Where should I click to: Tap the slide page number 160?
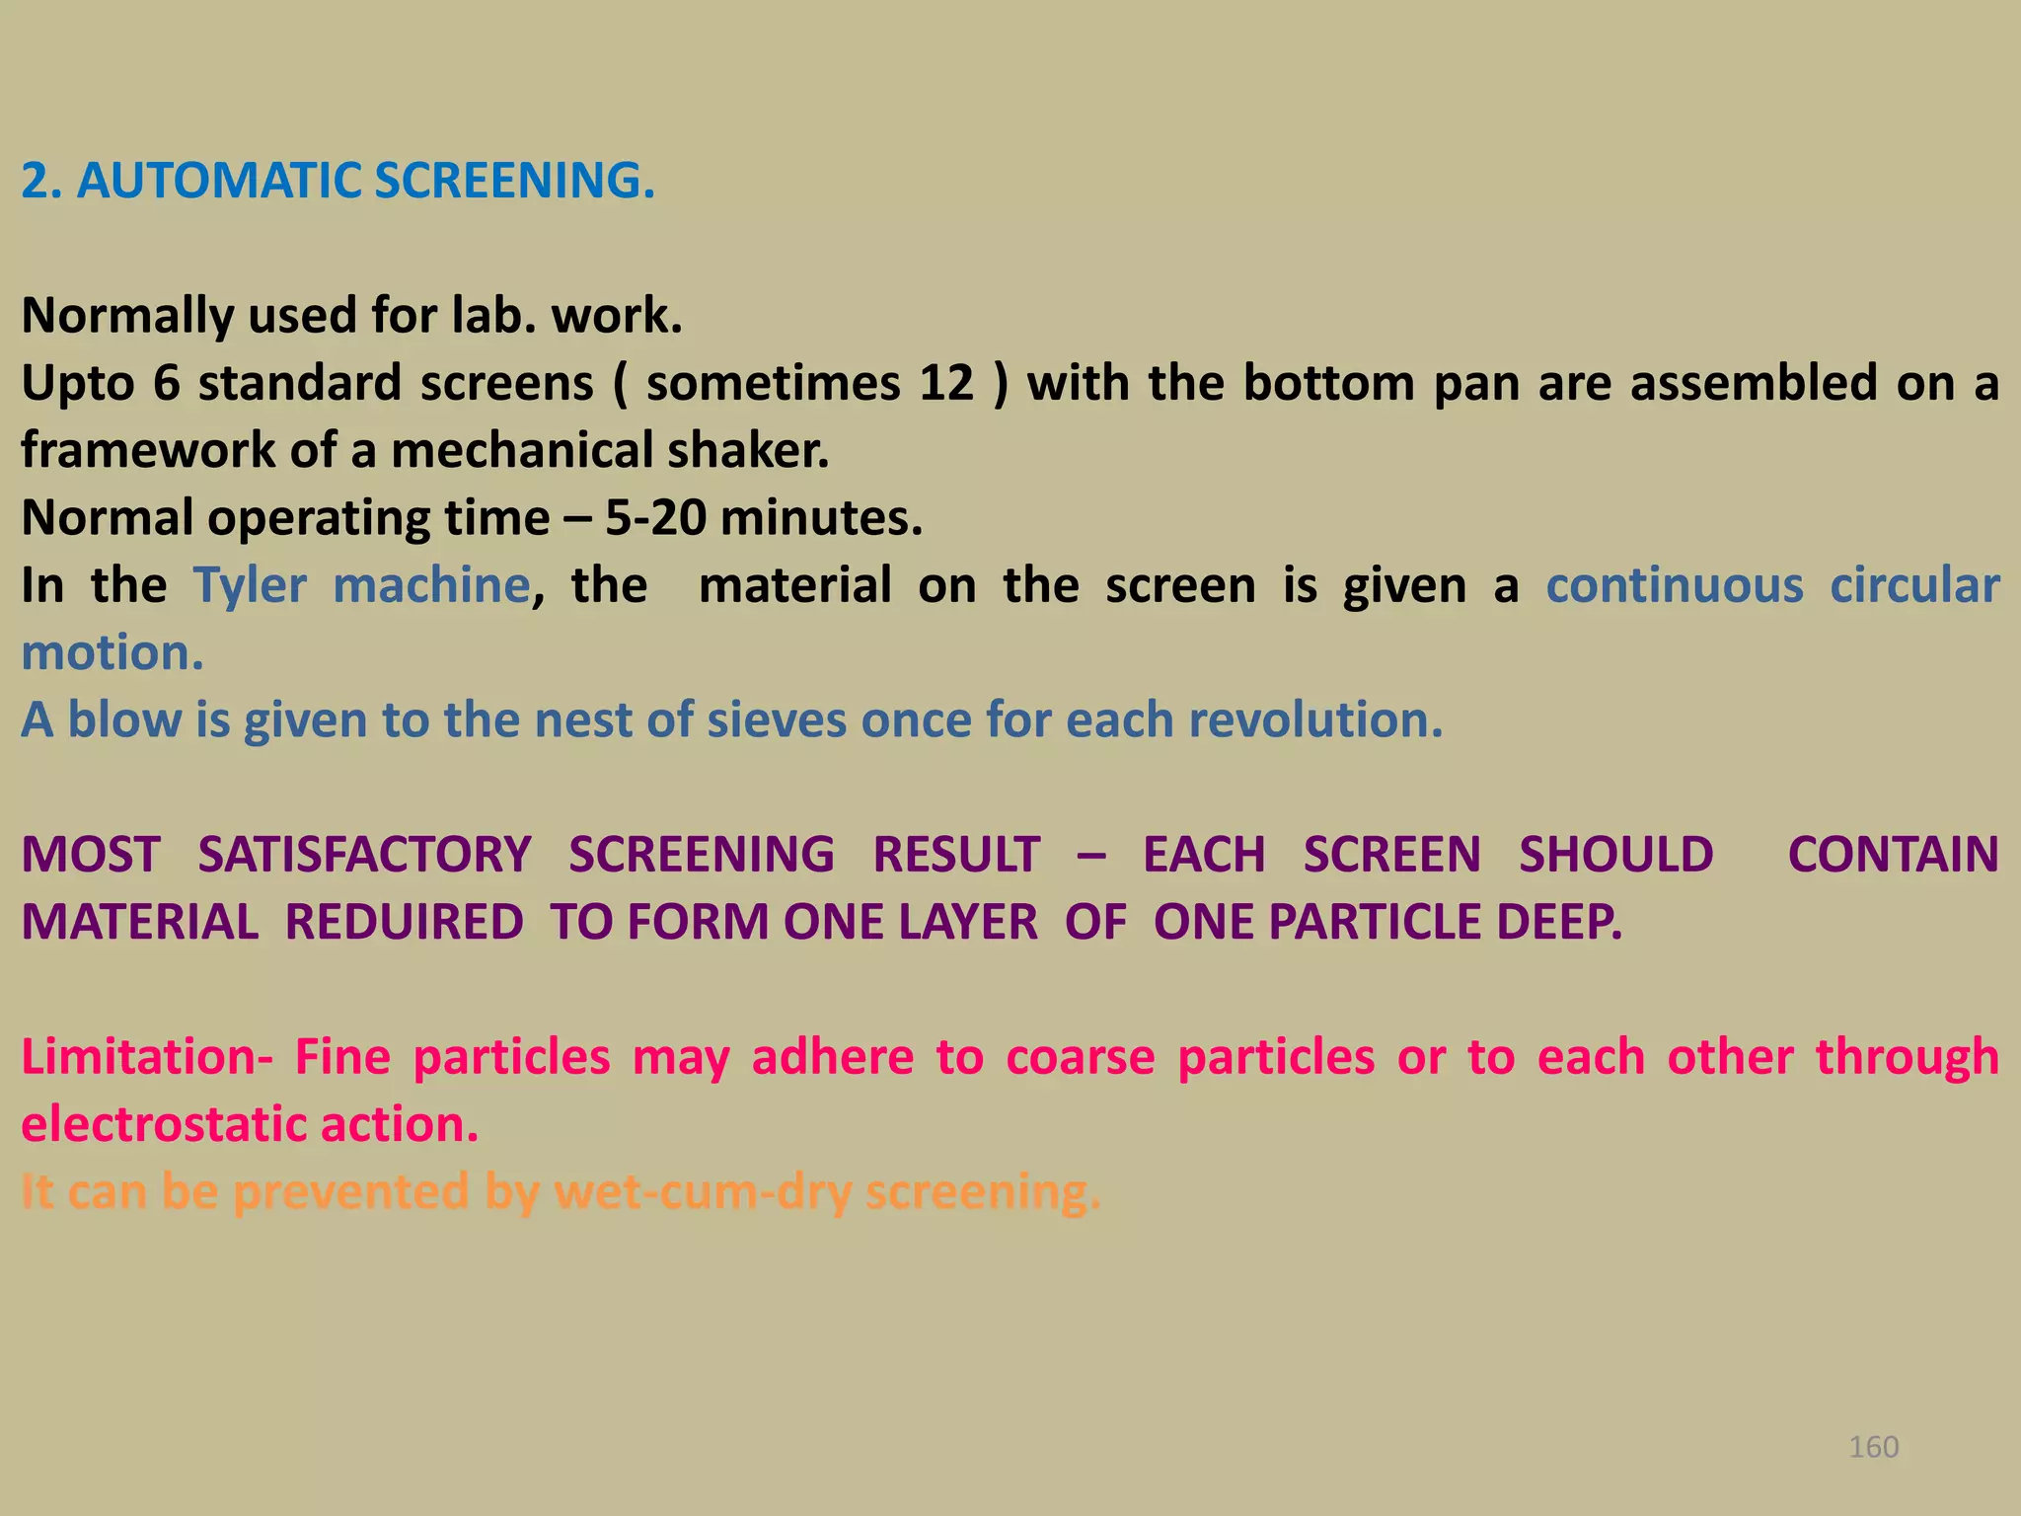point(1873,1447)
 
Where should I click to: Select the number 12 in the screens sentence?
point(946,383)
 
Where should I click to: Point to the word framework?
point(147,450)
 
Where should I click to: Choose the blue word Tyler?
point(250,585)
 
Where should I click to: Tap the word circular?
point(1914,585)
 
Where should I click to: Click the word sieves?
point(777,720)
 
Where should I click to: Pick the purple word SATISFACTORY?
point(364,855)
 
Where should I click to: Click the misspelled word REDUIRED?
point(404,922)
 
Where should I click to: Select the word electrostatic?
point(162,1124)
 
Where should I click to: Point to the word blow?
point(124,720)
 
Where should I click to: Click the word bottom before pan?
point(1328,383)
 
